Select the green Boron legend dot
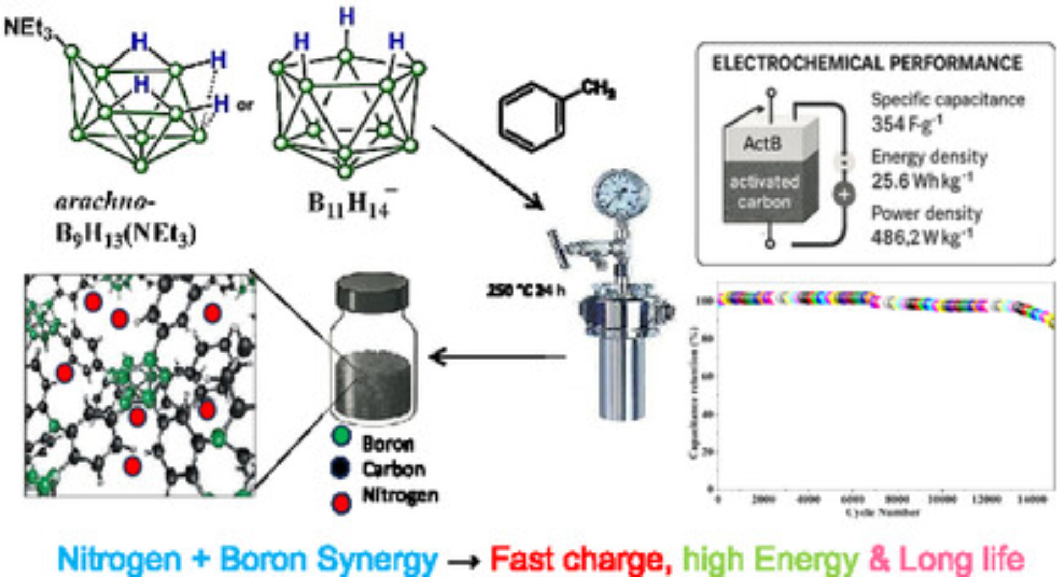(x=341, y=436)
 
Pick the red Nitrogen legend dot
(x=341, y=502)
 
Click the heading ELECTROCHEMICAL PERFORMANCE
(x=867, y=64)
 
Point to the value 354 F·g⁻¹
(x=906, y=124)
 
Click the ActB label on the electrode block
(x=762, y=143)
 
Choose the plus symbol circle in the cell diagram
(x=844, y=194)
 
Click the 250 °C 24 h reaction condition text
(x=526, y=291)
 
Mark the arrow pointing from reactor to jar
(x=498, y=357)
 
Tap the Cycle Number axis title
(x=882, y=512)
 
